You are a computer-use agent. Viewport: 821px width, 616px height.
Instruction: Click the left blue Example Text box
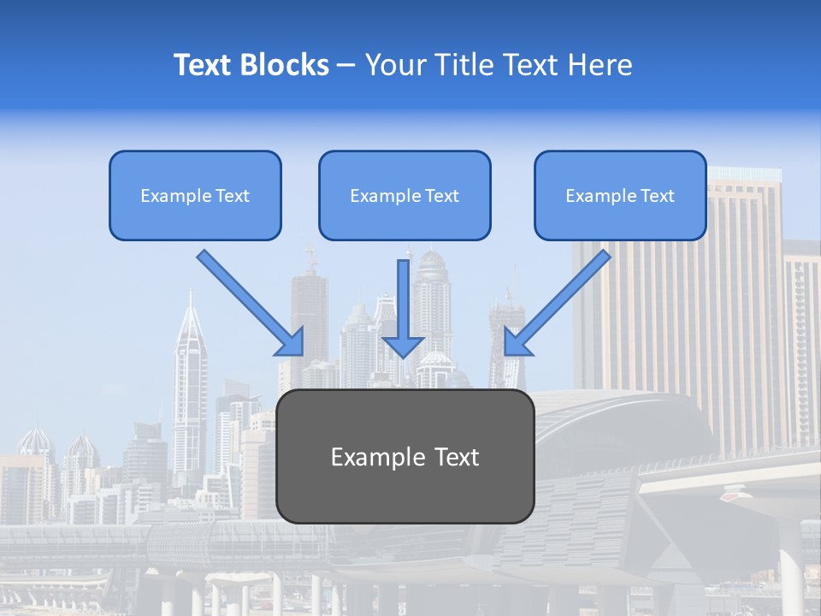pos(195,195)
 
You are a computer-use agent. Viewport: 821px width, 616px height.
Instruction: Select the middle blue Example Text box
pos(405,195)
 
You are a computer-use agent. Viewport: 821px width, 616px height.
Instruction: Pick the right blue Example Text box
pos(620,195)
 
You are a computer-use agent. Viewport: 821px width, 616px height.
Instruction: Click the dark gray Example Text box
pos(405,456)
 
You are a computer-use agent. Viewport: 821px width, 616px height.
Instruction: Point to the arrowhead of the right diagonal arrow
pos(516,342)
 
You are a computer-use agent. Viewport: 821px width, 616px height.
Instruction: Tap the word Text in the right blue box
pos(658,196)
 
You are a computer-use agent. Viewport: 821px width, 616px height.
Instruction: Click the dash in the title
pos(346,65)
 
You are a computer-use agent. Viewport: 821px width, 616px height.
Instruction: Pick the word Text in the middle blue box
pos(442,196)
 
